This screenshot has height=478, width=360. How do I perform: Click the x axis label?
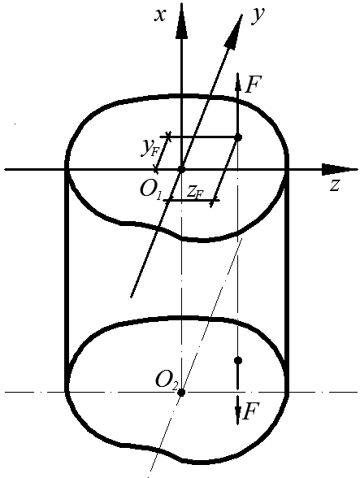coord(160,15)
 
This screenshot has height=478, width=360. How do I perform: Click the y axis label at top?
coord(258,15)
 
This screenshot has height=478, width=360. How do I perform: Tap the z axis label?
coord(334,185)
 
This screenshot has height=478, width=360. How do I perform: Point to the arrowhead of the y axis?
coord(234,31)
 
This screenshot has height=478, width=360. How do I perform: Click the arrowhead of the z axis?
coord(340,169)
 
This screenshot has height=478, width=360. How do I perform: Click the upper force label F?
coord(253,85)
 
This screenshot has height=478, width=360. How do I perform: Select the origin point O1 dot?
coord(182,169)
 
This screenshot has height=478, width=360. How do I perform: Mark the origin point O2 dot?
coord(181,393)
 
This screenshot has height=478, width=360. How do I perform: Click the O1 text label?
coord(150,191)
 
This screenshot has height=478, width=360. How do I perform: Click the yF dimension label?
coord(150,149)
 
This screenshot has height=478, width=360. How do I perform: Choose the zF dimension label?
coord(194,193)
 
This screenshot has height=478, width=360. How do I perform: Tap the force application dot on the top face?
coord(238,137)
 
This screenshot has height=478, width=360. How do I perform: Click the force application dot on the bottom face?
coord(238,361)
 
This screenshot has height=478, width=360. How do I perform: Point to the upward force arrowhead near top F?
coord(238,82)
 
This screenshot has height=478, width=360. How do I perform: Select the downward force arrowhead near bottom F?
coord(238,415)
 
